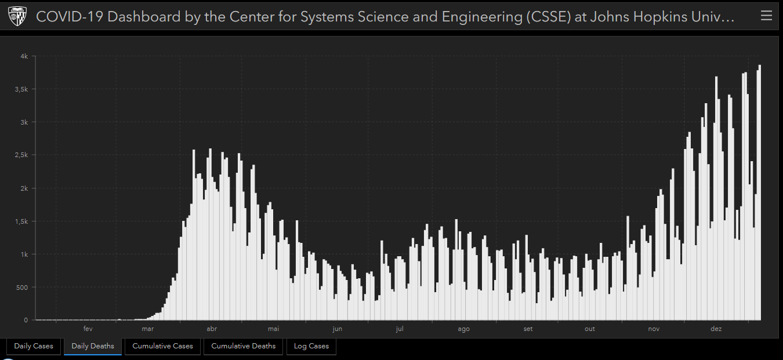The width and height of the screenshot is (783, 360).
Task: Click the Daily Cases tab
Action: [x=34, y=346]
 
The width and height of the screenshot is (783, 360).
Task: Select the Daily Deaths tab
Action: [x=93, y=346]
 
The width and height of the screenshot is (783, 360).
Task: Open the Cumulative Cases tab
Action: [x=162, y=346]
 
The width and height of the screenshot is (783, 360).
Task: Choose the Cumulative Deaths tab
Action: [x=244, y=346]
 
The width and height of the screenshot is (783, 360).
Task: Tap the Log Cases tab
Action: [x=311, y=346]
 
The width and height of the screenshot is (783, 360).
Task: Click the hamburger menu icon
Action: [x=766, y=16]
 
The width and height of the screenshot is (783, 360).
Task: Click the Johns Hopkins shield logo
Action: [x=17, y=17]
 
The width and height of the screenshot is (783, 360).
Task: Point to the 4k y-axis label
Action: [x=24, y=56]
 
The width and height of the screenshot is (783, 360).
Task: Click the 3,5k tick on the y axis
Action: [x=21, y=89]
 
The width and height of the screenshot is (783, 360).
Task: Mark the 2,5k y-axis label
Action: [x=21, y=155]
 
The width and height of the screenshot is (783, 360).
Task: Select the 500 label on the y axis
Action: [x=22, y=287]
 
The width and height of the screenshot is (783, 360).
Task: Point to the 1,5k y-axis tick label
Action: [x=21, y=221]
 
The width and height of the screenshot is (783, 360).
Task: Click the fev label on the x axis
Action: [x=88, y=329]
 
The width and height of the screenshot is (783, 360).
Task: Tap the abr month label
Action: [x=212, y=329]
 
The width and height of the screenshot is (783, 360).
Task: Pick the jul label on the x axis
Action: [x=399, y=329]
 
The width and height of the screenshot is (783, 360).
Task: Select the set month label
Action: [x=528, y=329]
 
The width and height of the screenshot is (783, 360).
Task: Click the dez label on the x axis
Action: [x=716, y=329]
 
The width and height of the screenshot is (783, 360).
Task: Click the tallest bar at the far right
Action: [x=760, y=191]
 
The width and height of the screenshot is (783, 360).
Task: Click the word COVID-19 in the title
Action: [x=70, y=17]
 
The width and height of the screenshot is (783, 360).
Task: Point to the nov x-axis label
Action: [x=654, y=329]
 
